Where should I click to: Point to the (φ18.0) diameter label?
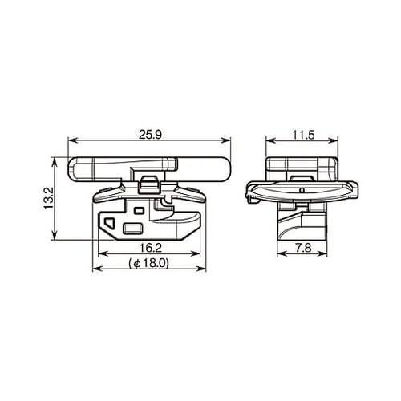pyautogui.click(x=148, y=263)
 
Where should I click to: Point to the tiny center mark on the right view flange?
pyautogui.click(x=299, y=191)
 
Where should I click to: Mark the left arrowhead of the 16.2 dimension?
pyautogui.click(x=97, y=256)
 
